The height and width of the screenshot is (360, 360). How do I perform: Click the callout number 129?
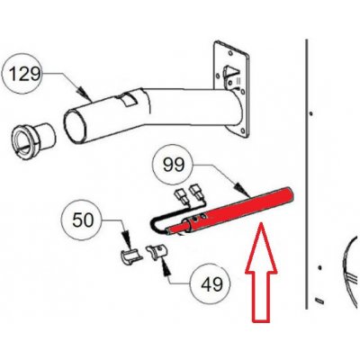[24, 74]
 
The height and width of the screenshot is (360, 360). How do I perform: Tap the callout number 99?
[174, 165]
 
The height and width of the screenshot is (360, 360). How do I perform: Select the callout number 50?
[83, 220]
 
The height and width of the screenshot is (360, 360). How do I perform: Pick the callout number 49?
[211, 283]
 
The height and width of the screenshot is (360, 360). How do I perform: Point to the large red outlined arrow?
[261, 272]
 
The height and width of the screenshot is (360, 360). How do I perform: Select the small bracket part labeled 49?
[157, 252]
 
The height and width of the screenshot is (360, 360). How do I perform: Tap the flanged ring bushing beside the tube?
[33, 138]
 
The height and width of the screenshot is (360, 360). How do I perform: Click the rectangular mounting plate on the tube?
[231, 89]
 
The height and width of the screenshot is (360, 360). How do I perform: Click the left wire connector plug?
[181, 195]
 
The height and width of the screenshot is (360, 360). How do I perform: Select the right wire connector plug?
[197, 192]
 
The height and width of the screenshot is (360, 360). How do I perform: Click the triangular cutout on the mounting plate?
[230, 73]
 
